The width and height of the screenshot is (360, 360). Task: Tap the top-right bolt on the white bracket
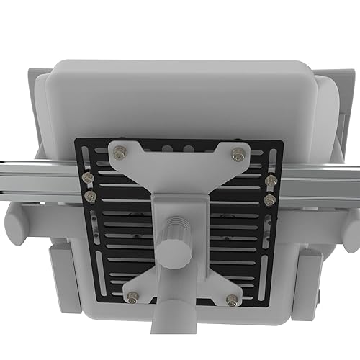(x=238, y=153)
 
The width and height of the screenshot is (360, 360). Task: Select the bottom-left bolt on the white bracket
(x=132, y=295)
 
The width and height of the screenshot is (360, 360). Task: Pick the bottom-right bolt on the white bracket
(x=232, y=300)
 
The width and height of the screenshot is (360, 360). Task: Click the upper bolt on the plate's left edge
(x=88, y=179)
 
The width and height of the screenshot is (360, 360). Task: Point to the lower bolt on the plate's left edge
(x=89, y=195)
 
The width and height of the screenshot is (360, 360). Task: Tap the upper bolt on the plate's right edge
(x=271, y=181)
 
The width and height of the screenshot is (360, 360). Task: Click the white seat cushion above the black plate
(x=180, y=101)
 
